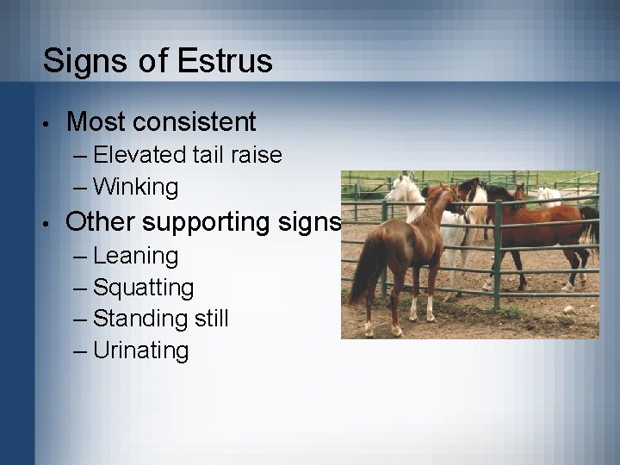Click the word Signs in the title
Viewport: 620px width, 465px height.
[x=82, y=61]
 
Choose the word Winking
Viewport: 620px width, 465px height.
[x=135, y=186]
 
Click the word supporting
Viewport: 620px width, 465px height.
[x=209, y=222]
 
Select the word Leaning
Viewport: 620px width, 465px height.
[x=136, y=256]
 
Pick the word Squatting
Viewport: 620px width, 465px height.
[x=144, y=288]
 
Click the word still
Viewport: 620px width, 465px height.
[x=208, y=319]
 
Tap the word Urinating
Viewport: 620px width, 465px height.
[x=141, y=350]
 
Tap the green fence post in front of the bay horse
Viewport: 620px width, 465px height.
[x=497, y=258]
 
